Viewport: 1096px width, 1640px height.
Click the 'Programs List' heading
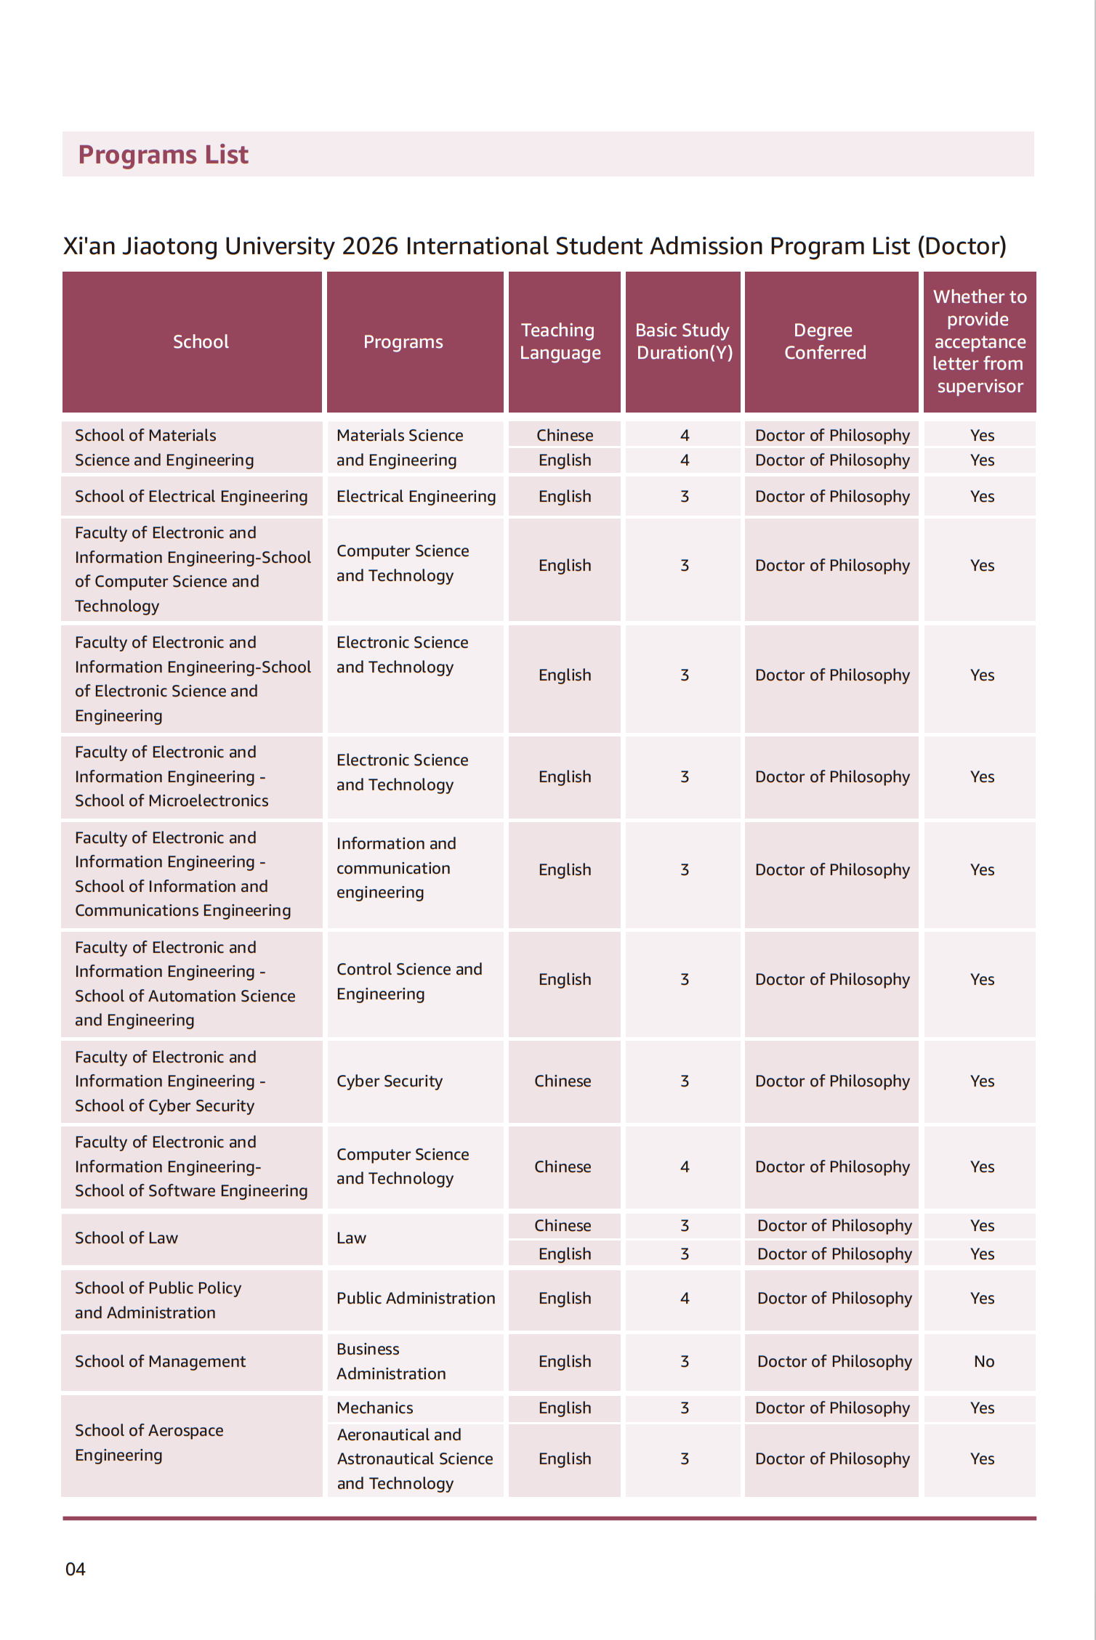click(163, 155)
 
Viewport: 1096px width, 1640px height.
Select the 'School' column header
click(201, 342)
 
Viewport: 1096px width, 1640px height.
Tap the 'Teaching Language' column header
click(560, 341)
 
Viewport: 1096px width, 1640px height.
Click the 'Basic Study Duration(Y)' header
click(683, 341)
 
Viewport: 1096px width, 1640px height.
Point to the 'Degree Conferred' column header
click(824, 341)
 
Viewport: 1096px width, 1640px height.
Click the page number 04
click(76, 1570)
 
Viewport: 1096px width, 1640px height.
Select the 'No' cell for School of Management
click(983, 1362)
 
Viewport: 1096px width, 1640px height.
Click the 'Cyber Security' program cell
click(390, 1081)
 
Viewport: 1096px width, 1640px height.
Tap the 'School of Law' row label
click(126, 1238)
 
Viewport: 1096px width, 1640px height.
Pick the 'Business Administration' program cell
click(391, 1362)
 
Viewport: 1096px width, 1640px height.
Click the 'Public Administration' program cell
click(416, 1299)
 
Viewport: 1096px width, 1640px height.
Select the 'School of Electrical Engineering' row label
click(191, 497)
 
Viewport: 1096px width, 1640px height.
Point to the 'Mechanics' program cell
click(375, 1408)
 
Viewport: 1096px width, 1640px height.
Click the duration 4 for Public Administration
click(685, 1299)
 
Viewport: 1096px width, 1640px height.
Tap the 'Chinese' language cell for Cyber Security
click(563, 1081)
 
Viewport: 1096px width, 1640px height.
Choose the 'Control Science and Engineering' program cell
click(409, 982)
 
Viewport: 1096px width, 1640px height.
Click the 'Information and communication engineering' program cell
click(396, 869)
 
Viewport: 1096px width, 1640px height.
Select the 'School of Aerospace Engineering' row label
click(149, 1443)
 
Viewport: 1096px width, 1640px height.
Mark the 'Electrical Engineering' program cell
click(416, 497)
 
